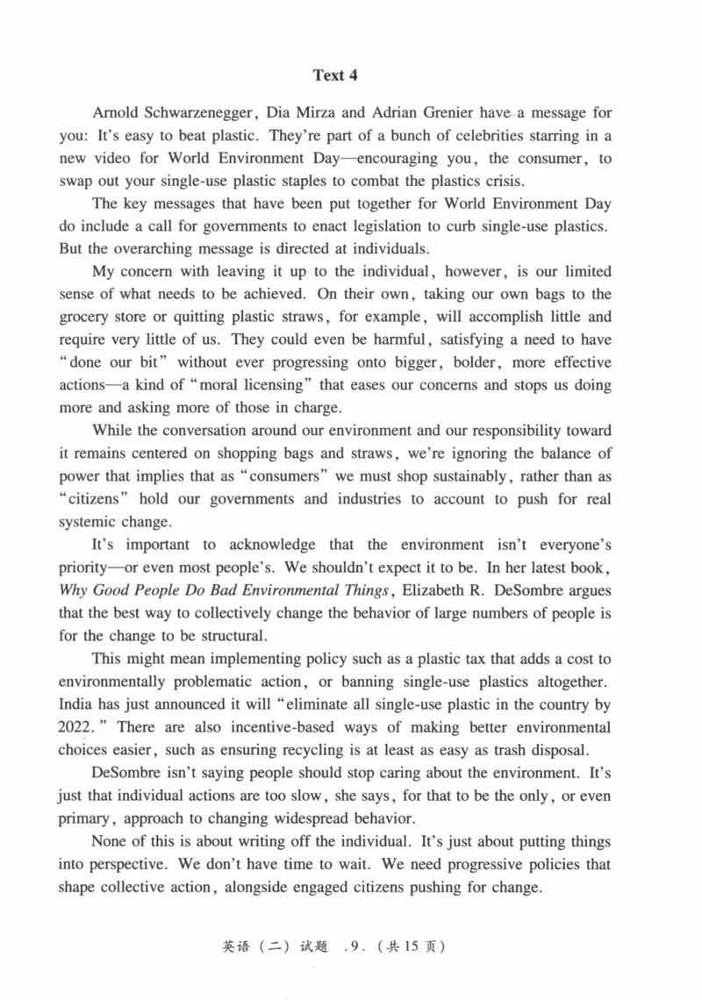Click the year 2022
pyautogui.click(x=77, y=727)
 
